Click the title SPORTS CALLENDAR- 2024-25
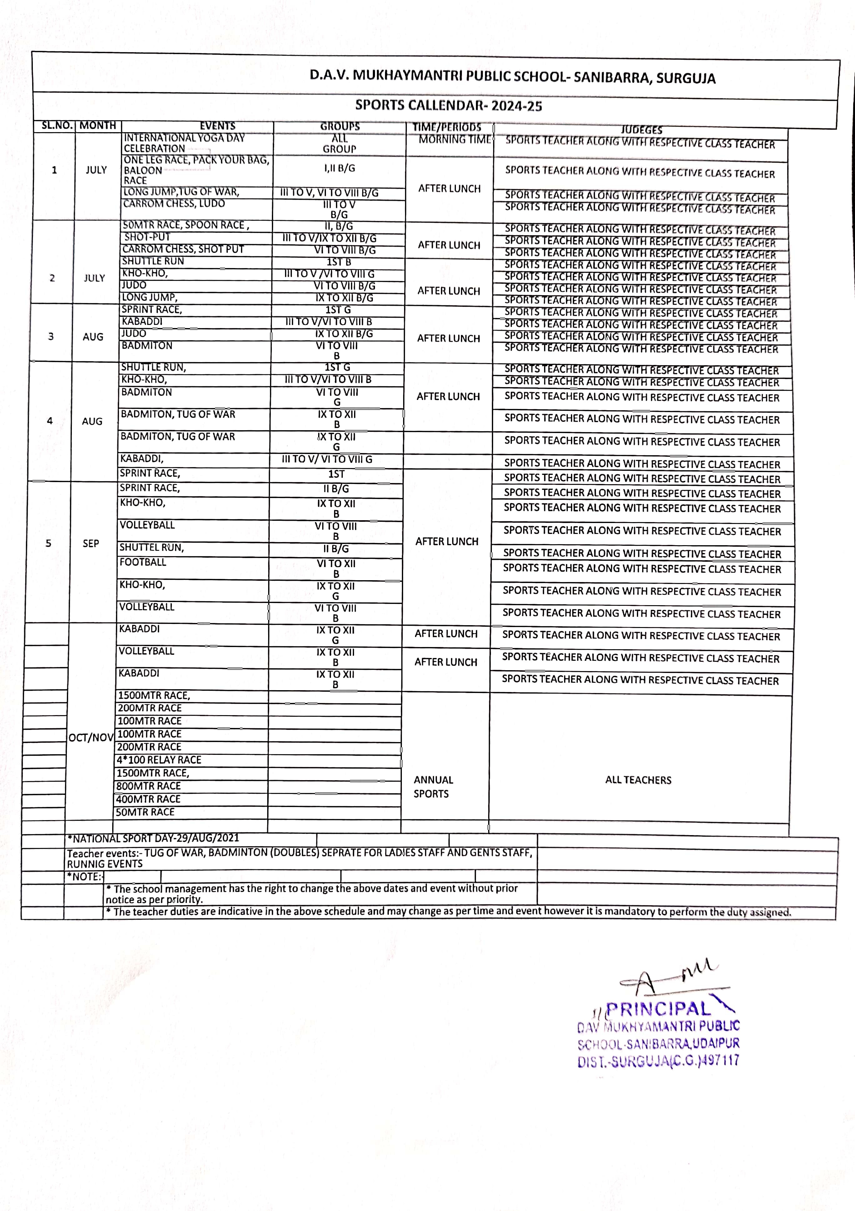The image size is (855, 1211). coord(448,106)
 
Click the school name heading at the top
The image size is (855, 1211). coord(512,77)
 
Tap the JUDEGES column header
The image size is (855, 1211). coord(641,130)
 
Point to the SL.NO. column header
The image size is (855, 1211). coord(57,126)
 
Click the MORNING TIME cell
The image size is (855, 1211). coord(455,140)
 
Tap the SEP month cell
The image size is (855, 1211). coord(91,543)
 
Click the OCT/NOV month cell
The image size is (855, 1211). coord(91,737)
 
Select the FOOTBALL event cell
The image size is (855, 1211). coord(143,562)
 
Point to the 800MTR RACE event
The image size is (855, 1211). coord(149,786)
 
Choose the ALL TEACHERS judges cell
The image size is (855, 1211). coord(638,780)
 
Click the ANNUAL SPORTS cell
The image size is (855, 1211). coord(433,787)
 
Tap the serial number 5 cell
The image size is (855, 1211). coord(48,543)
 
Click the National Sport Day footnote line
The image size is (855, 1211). coord(153,838)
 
